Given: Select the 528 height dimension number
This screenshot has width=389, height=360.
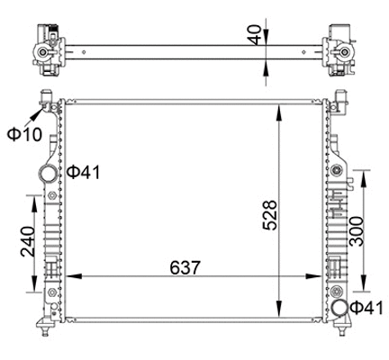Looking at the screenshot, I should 267,214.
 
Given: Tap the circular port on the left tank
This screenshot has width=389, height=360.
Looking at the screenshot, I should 45,173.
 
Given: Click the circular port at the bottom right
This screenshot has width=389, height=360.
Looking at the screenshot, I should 339,310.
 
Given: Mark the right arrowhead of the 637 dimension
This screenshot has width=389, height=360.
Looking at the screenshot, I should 322,275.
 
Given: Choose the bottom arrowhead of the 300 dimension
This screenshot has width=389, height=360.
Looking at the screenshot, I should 364,291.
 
